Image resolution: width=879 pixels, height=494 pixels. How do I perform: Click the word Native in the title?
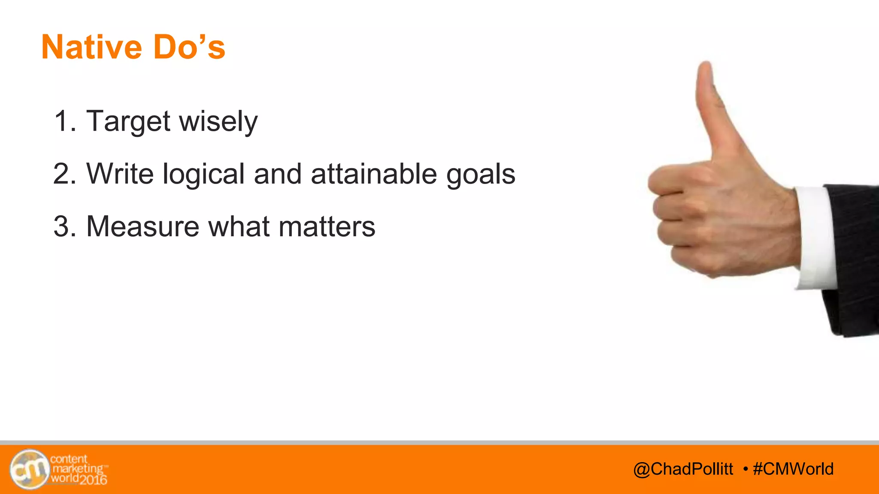pyautogui.click(x=91, y=47)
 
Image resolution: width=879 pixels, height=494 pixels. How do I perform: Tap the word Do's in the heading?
pyautogui.click(x=189, y=47)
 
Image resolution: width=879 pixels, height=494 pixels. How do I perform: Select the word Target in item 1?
pyautogui.click(x=128, y=122)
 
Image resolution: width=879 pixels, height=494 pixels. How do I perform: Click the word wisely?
pyautogui.click(x=218, y=122)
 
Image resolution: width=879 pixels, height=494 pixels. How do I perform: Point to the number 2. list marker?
pyautogui.click(x=65, y=174)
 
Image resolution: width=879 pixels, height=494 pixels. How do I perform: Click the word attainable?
pyautogui.click(x=374, y=174)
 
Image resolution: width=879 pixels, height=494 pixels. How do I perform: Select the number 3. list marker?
pyautogui.click(x=65, y=226)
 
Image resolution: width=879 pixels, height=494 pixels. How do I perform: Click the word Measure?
pyautogui.click(x=143, y=226)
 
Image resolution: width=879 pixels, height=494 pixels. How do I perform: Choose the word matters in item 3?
pyautogui.click(x=327, y=226)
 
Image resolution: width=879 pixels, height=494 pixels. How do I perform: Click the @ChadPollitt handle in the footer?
pyautogui.click(x=683, y=469)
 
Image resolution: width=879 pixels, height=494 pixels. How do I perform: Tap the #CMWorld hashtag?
pyautogui.click(x=793, y=469)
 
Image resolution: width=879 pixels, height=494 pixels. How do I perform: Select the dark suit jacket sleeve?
pyautogui.click(x=854, y=257)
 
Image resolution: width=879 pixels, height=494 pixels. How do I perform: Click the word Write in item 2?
pyautogui.click(x=120, y=174)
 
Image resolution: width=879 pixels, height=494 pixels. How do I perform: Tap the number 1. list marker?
pyautogui.click(x=65, y=122)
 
